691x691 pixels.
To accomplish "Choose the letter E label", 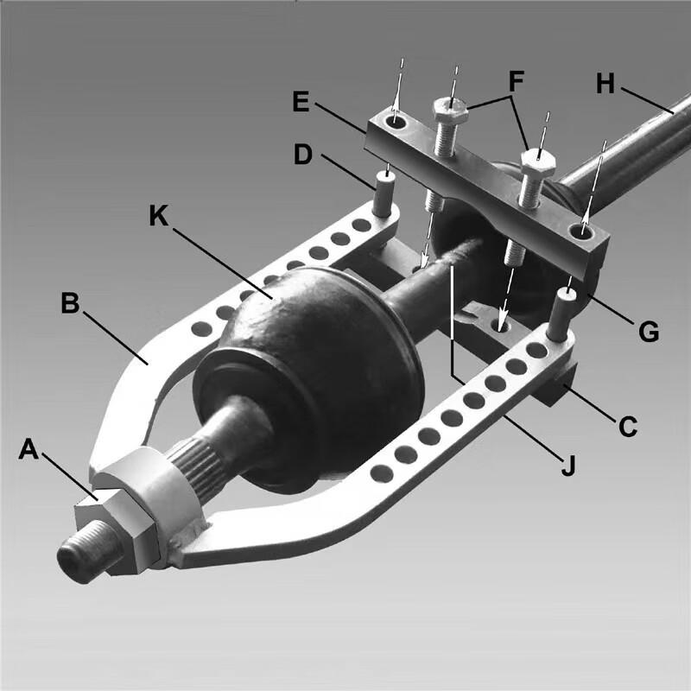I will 301,102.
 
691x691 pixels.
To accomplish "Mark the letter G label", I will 649,329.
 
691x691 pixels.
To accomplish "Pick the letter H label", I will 605,84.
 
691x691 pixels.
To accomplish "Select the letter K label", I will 159,215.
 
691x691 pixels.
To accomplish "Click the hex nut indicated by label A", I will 115,521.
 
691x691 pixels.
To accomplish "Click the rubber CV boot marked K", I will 311,371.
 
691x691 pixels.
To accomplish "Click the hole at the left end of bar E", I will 396,123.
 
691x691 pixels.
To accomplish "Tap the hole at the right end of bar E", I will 583,231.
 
